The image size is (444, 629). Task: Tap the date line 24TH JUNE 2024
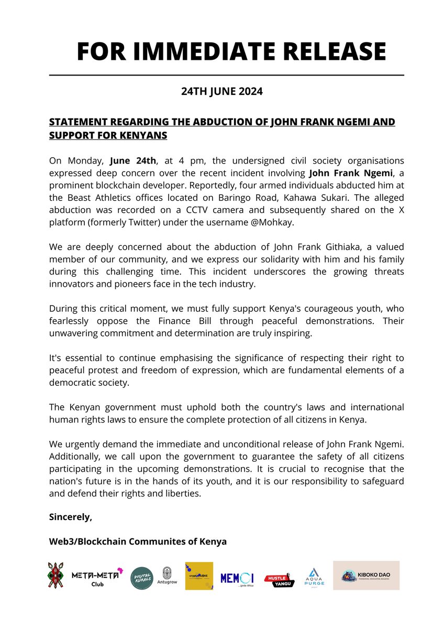pyautogui.click(x=222, y=92)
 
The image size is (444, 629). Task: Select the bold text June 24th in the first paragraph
pyautogui.click(x=130, y=160)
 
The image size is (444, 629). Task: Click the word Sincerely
pyautogui.click(x=70, y=517)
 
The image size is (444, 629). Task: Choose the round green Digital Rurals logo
pyautogui.click(x=142, y=578)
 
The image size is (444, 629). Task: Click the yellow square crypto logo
pyautogui.click(x=199, y=576)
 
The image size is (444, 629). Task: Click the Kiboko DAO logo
pyautogui.click(x=366, y=576)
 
